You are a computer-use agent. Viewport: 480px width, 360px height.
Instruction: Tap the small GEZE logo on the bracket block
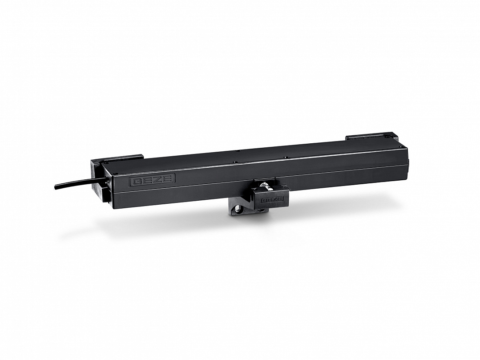click(x=271, y=200)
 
